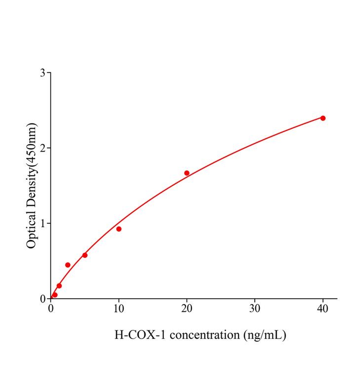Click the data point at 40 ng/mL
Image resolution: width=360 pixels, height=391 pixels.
(x=323, y=118)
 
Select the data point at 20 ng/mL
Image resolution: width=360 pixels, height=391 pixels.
(x=187, y=173)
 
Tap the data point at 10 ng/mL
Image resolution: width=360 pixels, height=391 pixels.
(x=119, y=229)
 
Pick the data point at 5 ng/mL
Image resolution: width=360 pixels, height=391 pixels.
(x=85, y=255)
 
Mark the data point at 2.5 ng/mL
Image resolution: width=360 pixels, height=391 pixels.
(x=68, y=265)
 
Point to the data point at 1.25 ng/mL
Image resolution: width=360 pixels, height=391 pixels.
(x=59, y=286)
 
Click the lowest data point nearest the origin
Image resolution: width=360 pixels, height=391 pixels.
(x=55, y=295)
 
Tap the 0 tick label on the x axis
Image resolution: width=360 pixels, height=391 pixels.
(x=51, y=309)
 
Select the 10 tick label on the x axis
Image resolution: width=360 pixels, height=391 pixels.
(x=119, y=309)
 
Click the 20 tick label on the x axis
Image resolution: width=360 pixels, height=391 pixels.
(x=187, y=309)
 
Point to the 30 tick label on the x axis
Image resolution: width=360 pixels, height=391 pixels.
(x=255, y=309)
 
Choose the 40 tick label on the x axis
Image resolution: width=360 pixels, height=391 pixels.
(x=323, y=309)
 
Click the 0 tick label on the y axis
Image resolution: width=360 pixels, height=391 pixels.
(x=43, y=299)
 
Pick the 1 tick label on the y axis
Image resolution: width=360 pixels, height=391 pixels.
(x=43, y=224)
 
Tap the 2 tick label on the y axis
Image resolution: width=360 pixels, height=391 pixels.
(x=43, y=148)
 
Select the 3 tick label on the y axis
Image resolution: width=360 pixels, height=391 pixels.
(x=43, y=73)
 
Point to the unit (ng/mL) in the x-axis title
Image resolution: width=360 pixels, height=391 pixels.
(x=264, y=335)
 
